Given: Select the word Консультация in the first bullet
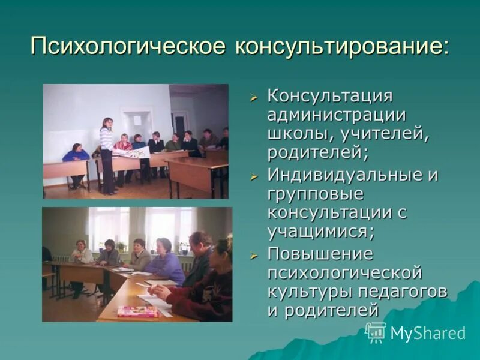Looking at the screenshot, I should point(330,97).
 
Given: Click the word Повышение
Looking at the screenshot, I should point(320,253).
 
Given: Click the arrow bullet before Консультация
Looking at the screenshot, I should point(254,97).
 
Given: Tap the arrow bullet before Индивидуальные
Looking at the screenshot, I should point(254,176).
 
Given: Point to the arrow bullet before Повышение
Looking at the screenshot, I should point(254,254).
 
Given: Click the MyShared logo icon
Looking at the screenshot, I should point(376,332).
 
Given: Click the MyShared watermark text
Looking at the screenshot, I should point(428,334).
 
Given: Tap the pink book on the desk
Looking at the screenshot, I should point(137,311).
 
